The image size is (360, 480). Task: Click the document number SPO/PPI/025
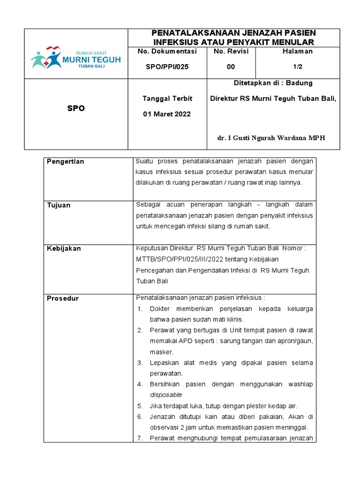click(x=165, y=67)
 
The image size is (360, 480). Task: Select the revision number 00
click(x=231, y=67)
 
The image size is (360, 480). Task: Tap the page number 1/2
click(x=302, y=67)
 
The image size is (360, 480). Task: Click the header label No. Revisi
click(x=231, y=51)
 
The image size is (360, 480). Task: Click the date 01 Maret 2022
click(x=167, y=114)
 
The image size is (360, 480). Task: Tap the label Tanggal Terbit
click(x=167, y=98)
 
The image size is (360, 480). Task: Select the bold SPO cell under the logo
click(x=75, y=108)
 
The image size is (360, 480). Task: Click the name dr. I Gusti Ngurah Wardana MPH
click(x=271, y=138)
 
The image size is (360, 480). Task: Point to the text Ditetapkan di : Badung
click(x=273, y=83)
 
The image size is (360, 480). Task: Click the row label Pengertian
click(x=66, y=162)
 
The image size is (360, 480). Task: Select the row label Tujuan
click(x=59, y=205)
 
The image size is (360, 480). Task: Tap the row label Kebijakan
click(x=64, y=248)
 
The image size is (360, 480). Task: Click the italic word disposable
click(x=166, y=395)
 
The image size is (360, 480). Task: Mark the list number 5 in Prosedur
click(x=140, y=406)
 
